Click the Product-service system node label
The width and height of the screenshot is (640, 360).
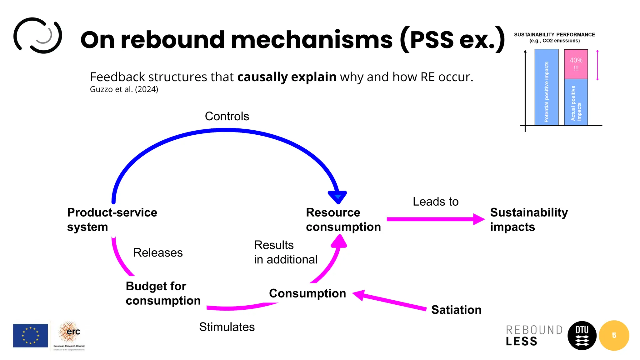(112, 219)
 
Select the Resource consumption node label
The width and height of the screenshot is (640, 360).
(343, 219)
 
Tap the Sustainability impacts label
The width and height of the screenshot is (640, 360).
(528, 219)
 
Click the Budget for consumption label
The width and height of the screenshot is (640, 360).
(163, 293)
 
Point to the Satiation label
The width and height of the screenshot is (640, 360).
(456, 310)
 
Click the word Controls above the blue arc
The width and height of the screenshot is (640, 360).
(227, 116)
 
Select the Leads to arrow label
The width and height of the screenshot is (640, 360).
(435, 202)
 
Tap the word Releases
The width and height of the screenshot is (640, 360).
(158, 252)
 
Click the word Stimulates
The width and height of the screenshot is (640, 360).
(227, 327)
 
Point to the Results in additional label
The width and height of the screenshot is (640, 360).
(285, 252)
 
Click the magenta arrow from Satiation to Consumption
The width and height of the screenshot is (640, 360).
(391, 301)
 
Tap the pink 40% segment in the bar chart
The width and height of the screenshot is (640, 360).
(576, 64)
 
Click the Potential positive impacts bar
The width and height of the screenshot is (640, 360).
(546, 87)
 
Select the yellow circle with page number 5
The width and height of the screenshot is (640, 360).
(614, 335)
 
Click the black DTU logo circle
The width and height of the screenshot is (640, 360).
(582, 335)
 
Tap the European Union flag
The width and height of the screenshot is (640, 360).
(30, 335)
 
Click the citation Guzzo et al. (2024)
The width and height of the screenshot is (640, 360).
(124, 89)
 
